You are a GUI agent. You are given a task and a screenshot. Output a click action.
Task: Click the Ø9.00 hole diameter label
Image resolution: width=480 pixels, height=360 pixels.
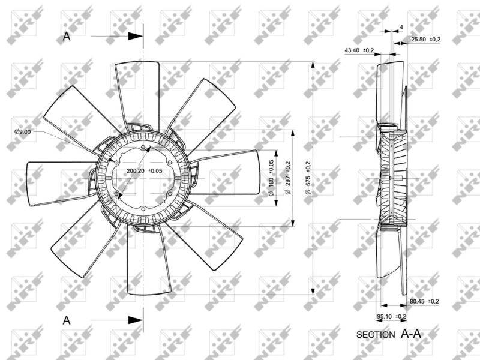tap(22, 132)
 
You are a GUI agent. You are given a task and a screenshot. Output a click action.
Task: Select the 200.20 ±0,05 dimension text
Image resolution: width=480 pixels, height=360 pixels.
tap(145, 171)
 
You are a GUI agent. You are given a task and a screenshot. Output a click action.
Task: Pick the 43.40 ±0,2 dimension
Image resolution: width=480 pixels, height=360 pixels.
tap(359, 50)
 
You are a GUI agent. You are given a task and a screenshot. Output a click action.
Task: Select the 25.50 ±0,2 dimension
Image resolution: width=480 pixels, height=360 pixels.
tap(425, 40)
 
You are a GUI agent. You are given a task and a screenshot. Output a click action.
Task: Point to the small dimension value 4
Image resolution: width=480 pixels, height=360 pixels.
tap(401, 28)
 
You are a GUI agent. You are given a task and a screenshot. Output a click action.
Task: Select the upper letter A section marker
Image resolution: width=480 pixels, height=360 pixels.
tap(67, 37)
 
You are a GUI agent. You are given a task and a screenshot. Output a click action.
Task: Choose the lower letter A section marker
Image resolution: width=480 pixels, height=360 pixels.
tap(67, 321)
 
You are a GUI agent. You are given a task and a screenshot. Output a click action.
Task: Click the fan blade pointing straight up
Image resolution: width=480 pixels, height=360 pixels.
tap(137, 90)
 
